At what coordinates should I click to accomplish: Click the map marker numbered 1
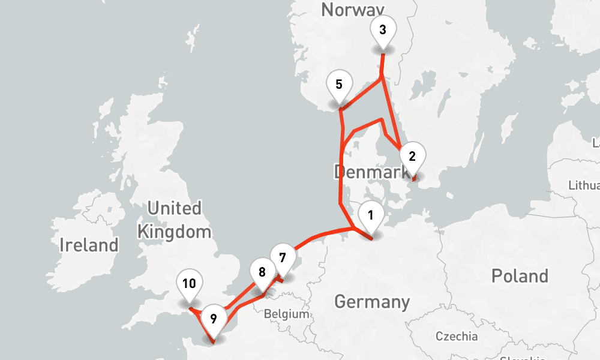[x=371, y=216]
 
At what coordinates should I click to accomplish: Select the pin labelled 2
[x=412, y=157]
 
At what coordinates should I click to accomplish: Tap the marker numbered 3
[x=383, y=29]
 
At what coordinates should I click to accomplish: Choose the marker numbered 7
[x=283, y=259]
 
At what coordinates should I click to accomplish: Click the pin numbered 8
[x=262, y=272]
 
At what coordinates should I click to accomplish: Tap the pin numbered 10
[x=189, y=284]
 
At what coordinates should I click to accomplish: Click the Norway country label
[x=352, y=9]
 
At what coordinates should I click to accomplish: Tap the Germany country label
[x=372, y=301]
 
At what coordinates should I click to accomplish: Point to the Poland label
[x=520, y=276]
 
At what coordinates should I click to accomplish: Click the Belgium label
[x=287, y=314]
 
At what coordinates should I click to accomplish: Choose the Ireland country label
[x=89, y=245]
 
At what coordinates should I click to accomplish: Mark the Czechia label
[x=457, y=336]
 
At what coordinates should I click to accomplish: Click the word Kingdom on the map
[x=175, y=232]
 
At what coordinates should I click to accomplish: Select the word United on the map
[x=175, y=209]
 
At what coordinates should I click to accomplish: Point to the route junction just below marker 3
[x=382, y=78]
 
